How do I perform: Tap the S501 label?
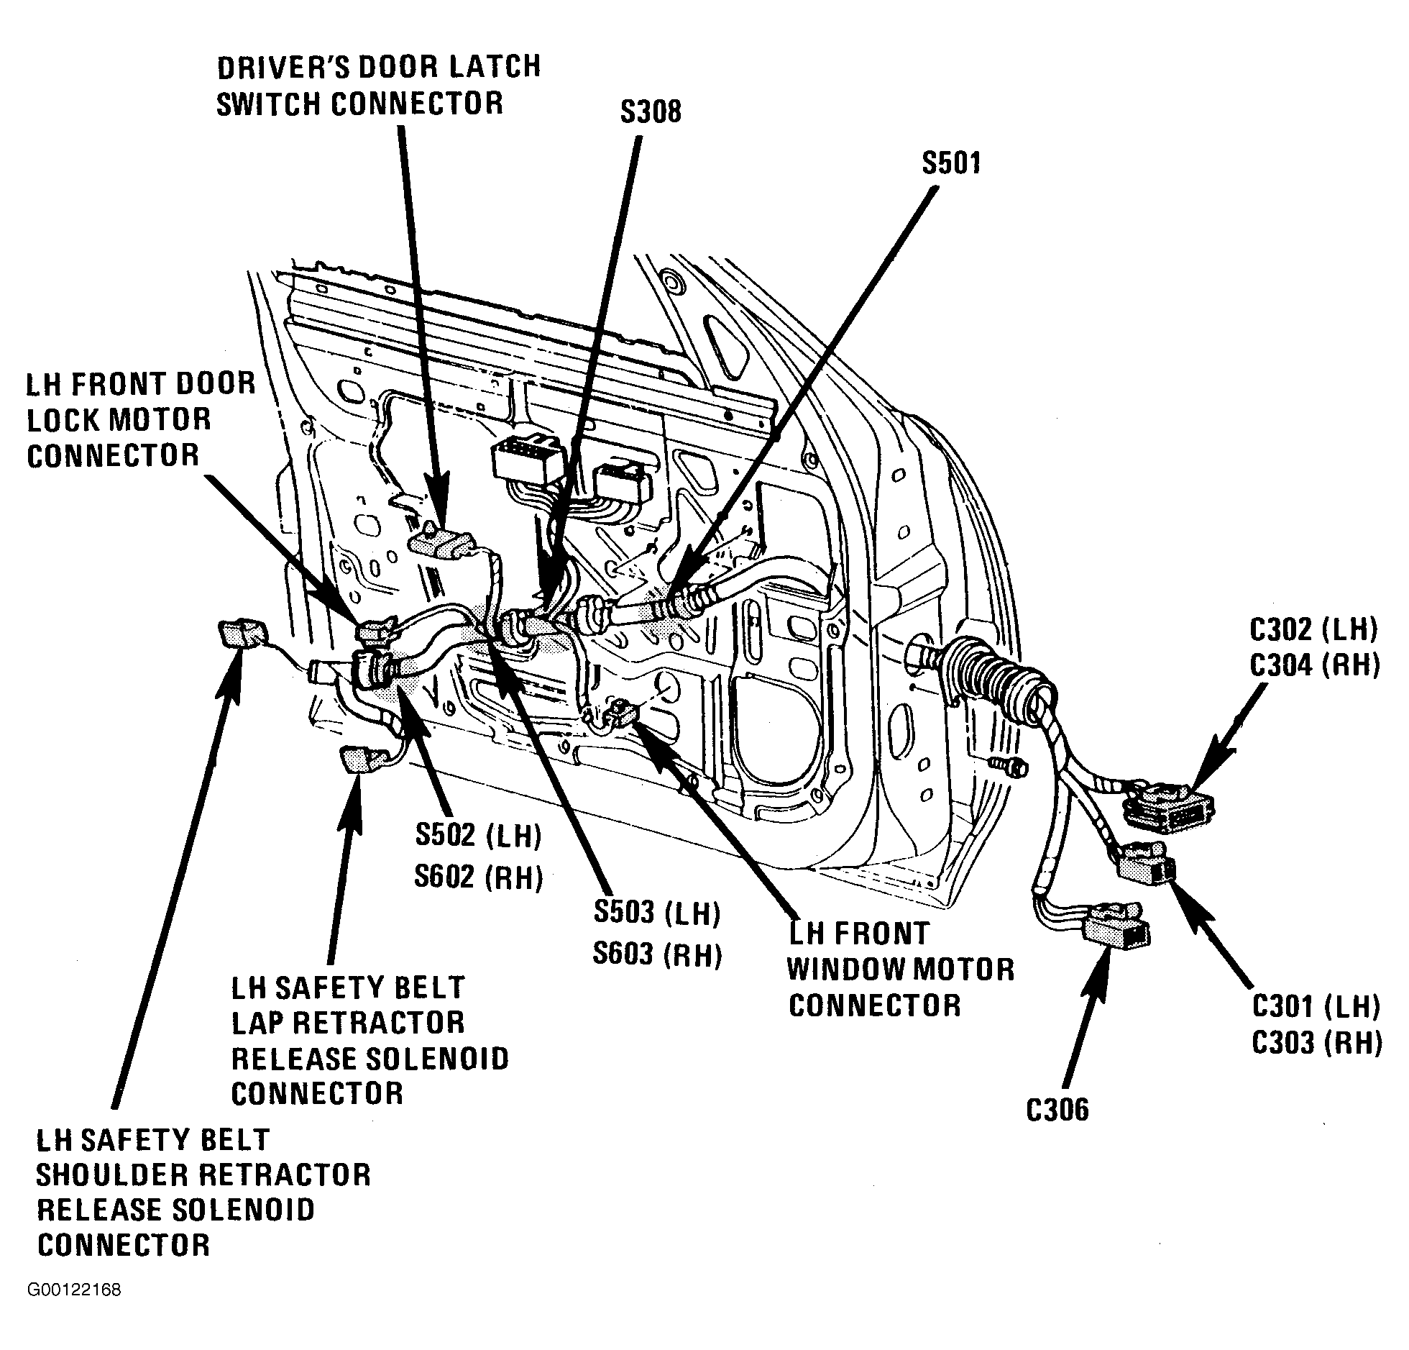[951, 163]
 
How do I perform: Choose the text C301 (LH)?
[1316, 1007]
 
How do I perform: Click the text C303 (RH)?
[1316, 1043]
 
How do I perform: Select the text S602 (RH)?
[479, 877]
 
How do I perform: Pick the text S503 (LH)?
[657, 913]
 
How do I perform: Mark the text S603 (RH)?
[657, 954]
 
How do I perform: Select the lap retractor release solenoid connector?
[359, 760]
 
